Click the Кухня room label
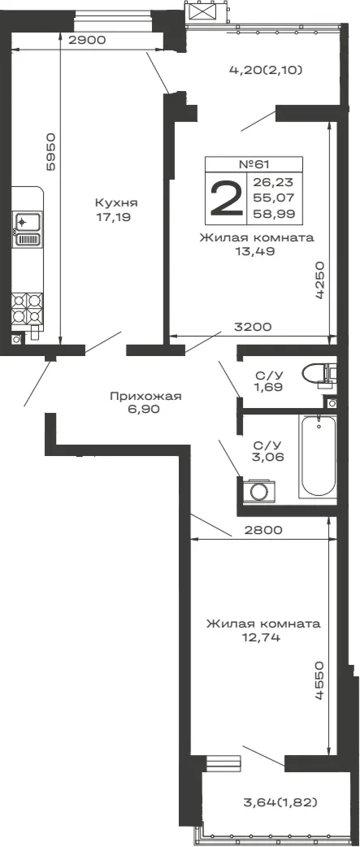click(x=116, y=203)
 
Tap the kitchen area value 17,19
click(x=112, y=217)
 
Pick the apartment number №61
click(x=254, y=164)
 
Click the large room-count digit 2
click(x=226, y=198)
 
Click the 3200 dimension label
click(x=252, y=326)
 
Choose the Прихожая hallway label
click(x=145, y=397)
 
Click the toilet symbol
click(x=319, y=374)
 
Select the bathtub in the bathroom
click(x=318, y=455)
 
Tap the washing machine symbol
click(x=259, y=491)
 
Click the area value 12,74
click(x=262, y=637)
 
